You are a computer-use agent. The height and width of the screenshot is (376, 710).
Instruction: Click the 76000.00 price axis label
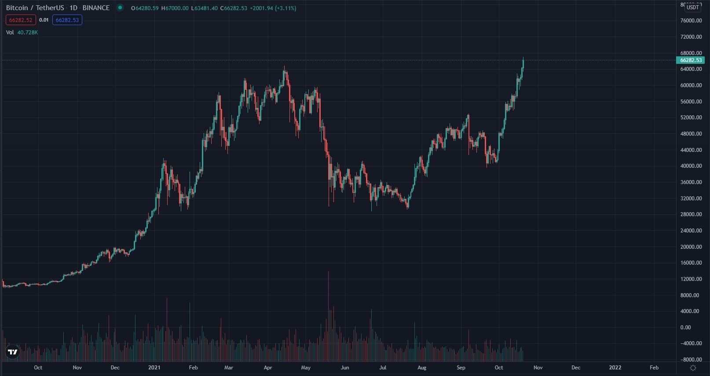tap(690, 21)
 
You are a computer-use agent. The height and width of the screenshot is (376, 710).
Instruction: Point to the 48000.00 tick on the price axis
tap(690, 134)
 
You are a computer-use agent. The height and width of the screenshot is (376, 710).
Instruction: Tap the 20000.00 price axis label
tap(690, 247)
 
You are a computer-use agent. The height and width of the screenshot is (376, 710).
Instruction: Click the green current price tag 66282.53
tap(690, 60)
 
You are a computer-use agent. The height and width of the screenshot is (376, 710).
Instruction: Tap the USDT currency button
tap(693, 7)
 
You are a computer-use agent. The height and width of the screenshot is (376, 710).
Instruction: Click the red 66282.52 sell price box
tap(21, 20)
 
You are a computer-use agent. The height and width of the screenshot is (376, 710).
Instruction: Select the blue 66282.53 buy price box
tap(67, 20)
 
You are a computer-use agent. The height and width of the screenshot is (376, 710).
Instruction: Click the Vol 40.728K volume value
tap(27, 32)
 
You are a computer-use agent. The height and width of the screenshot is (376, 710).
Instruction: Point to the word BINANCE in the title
tap(96, 8)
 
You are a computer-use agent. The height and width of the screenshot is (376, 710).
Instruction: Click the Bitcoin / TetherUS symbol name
tap(35, 8)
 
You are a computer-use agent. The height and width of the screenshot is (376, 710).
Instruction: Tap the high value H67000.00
tap(175, 8)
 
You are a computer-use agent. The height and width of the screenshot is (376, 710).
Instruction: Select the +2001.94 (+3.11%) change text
tap(273, 8)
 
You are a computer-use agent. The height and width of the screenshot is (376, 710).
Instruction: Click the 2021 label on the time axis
tap(154, 368)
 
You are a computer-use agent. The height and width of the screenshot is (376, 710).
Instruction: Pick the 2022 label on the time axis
tap(615, 368)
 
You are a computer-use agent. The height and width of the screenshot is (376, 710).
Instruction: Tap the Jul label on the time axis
tap(383, 368)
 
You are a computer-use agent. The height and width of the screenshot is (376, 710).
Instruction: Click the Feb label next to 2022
tap(654, 368)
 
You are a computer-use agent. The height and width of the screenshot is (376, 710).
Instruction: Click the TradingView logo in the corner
tap(13, 352)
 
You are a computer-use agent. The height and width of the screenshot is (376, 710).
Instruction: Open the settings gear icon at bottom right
tap(693, 368)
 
